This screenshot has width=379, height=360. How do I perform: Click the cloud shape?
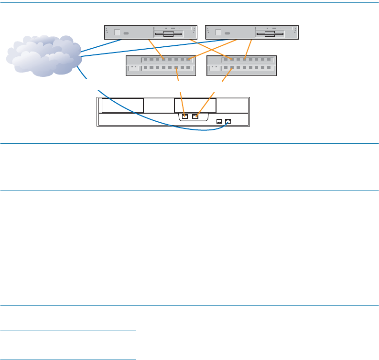click(x=43, y=56)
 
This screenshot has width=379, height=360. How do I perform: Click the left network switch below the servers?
click(x=161, y=65)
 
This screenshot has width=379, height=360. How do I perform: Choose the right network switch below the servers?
click(x=242, y=65)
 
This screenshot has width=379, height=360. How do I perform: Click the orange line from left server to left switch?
click(x=156, y=49)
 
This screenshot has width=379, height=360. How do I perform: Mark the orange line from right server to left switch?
click(x=210, y=49)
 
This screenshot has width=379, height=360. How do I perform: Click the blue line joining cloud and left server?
click(x=101, y=46)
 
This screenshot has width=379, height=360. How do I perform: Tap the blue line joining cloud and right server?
click(x=143, y=48)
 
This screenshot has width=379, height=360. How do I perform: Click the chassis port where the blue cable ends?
click(x=228, y=121)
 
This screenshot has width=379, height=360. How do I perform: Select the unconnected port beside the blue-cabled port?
click(x=219, y=121)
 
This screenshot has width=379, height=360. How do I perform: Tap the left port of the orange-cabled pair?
click(x=185, y=116)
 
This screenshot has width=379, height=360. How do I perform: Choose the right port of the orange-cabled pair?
click(x=195, y=116)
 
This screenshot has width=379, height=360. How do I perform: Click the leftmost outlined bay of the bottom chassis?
click(x=122, y=106)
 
